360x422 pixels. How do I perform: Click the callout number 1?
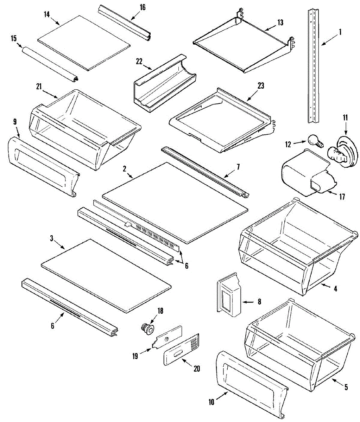(x=340, y=32)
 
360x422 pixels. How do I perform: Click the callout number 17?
(x=342, y=197)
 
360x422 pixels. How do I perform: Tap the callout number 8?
(x=259, y=301)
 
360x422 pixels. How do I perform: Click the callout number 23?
(x=261, y=85)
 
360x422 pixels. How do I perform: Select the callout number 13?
(x=280, y=23)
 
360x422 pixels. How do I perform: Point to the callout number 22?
(x=139, y=61)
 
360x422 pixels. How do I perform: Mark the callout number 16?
(x=143, y=7)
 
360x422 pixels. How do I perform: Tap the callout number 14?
(x=47, y=14)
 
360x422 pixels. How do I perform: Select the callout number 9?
(x=15, y=122)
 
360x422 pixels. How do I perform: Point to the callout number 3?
(x=52, y=239)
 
